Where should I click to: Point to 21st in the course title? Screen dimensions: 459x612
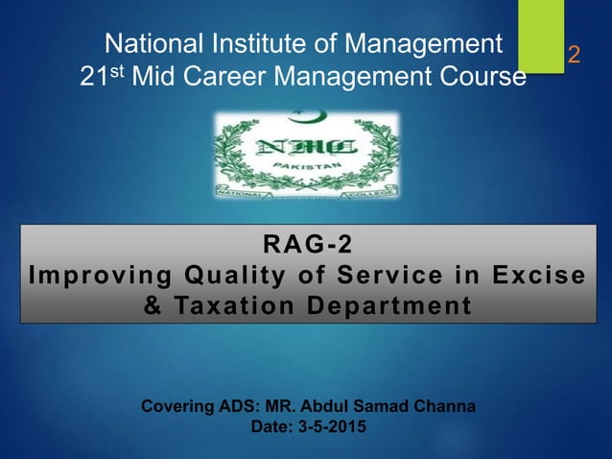tap(104, 76)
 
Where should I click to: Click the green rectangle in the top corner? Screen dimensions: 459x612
tap(542, 33)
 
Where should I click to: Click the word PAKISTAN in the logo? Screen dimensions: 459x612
tap(308, 166)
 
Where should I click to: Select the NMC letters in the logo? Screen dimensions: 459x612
tap(308, 148)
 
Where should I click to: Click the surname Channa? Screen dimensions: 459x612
tap(440, 406)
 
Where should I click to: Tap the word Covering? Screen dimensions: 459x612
tap(178, 406)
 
